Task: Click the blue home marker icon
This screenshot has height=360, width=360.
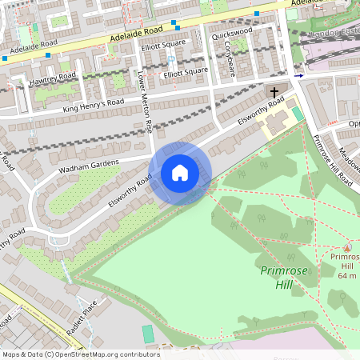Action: coord(180,173)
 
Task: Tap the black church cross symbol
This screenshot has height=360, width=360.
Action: coord(274,93)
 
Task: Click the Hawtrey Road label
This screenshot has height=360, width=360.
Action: coord(54,77)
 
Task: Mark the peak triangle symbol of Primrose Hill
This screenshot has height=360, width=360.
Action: coord(346,246)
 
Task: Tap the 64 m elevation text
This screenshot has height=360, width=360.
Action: coord(346,275)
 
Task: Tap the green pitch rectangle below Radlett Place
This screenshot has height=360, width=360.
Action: coord(147,333)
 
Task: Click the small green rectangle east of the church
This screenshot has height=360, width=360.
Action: coord(298,114)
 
